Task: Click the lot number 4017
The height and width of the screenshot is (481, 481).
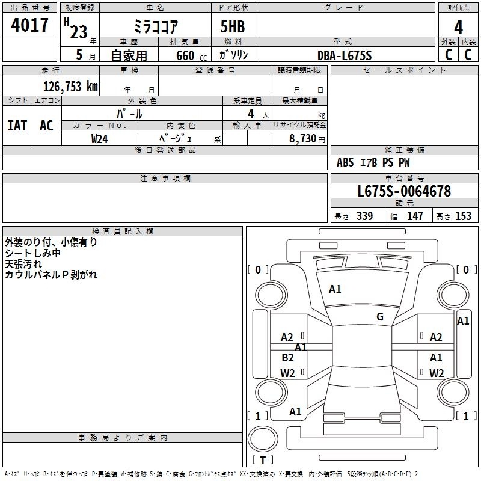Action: tap(29, 25)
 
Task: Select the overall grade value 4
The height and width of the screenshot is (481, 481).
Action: tap(458, 28)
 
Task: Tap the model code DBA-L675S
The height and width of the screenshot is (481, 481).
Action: tap(345, 55)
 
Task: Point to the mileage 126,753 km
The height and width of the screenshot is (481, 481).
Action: tap(70, 87)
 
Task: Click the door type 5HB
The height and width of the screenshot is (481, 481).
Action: tap(233, 26)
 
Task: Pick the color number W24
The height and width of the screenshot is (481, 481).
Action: tap(99, 139)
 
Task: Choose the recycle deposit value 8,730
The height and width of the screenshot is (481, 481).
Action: tap(303, 139)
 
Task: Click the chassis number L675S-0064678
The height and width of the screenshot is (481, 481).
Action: tap(404, 191)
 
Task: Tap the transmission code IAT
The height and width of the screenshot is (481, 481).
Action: tap(17, 126)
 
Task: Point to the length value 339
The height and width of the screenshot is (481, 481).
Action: tap(364, 216)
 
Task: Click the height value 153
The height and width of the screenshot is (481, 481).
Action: tap(463, 216)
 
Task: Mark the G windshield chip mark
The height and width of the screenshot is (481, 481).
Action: tap(380, 317)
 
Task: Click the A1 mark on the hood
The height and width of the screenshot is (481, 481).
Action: tap(335, 289)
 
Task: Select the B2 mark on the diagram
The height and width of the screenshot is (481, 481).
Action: tap(287, 357)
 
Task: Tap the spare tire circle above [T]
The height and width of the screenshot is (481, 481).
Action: tap(263, 439)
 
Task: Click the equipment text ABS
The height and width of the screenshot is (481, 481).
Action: tap(345, 162)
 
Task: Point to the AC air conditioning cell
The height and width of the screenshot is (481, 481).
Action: tap(47, 126)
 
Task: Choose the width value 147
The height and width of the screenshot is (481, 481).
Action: tap(415, 216)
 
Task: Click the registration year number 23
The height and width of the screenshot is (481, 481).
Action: tap(79, 32)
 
